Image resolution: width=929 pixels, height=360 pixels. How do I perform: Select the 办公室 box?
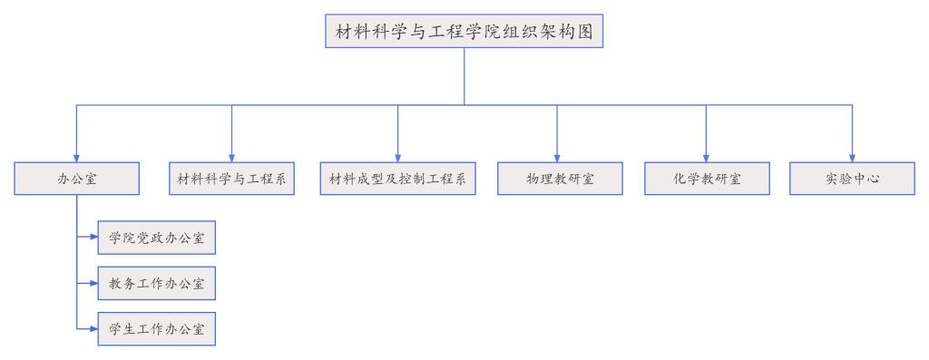77,179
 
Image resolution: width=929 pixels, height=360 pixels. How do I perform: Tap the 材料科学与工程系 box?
231,179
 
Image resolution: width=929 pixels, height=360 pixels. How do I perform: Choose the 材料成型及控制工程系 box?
397,179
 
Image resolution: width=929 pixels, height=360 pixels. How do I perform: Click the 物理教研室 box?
560,179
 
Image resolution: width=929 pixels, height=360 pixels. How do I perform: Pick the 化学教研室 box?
707,179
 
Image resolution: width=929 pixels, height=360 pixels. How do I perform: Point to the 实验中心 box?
852,179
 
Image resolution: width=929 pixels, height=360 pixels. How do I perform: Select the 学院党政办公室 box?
156,238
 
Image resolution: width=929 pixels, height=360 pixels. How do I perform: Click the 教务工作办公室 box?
156,284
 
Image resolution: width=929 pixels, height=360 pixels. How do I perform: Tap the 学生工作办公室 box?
156,327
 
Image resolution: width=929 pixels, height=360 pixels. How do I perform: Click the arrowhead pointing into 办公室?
77,158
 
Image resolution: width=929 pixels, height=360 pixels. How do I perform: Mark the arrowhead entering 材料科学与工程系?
231,158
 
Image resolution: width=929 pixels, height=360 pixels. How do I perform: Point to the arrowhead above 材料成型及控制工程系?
397,158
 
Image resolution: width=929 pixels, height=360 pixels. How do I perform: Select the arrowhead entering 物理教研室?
557,158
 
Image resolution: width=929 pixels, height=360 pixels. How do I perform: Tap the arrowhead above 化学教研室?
706,158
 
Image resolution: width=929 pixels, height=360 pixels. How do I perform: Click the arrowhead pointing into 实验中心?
852,158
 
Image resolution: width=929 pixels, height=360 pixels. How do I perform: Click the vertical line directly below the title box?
464,76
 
